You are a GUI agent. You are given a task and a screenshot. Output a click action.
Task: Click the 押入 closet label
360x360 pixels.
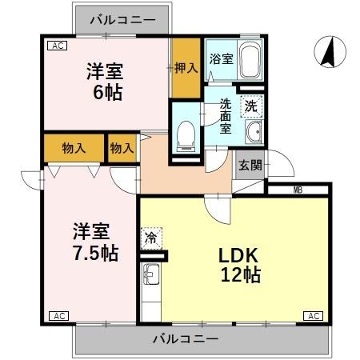[186, 70]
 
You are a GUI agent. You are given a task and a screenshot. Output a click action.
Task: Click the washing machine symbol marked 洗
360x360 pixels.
[250, 105]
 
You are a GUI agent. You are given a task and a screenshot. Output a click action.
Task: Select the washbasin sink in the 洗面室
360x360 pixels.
[254, 132]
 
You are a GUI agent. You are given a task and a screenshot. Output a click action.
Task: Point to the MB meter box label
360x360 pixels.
[298, 190]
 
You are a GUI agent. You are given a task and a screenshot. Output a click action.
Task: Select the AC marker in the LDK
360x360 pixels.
[314, 316]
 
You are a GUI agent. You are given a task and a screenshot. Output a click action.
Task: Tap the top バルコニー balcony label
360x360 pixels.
[122, 17]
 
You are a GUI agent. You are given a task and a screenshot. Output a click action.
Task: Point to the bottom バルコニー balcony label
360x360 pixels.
[185, 339]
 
